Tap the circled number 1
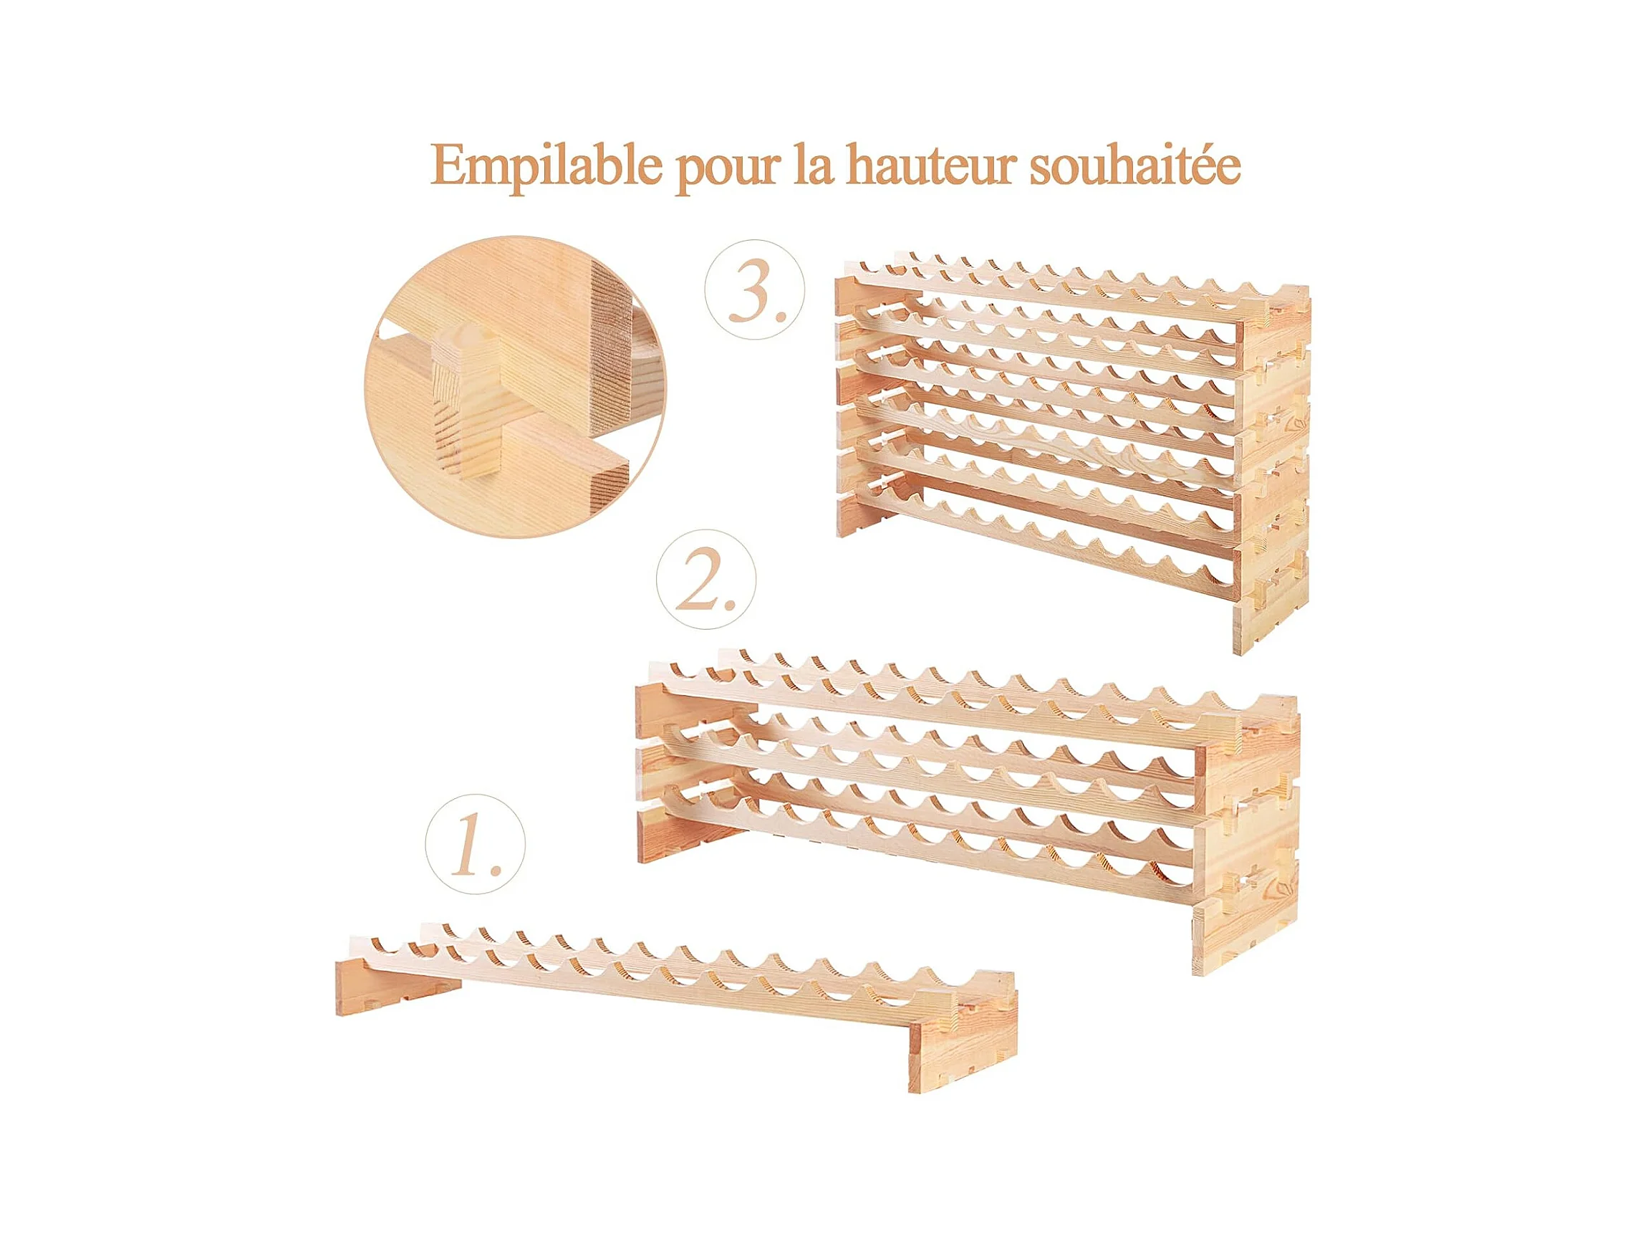(x=475, y=844)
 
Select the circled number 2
(x=705, y=579)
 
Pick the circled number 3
(x=755, y=290)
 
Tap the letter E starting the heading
(x=448, y=166)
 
